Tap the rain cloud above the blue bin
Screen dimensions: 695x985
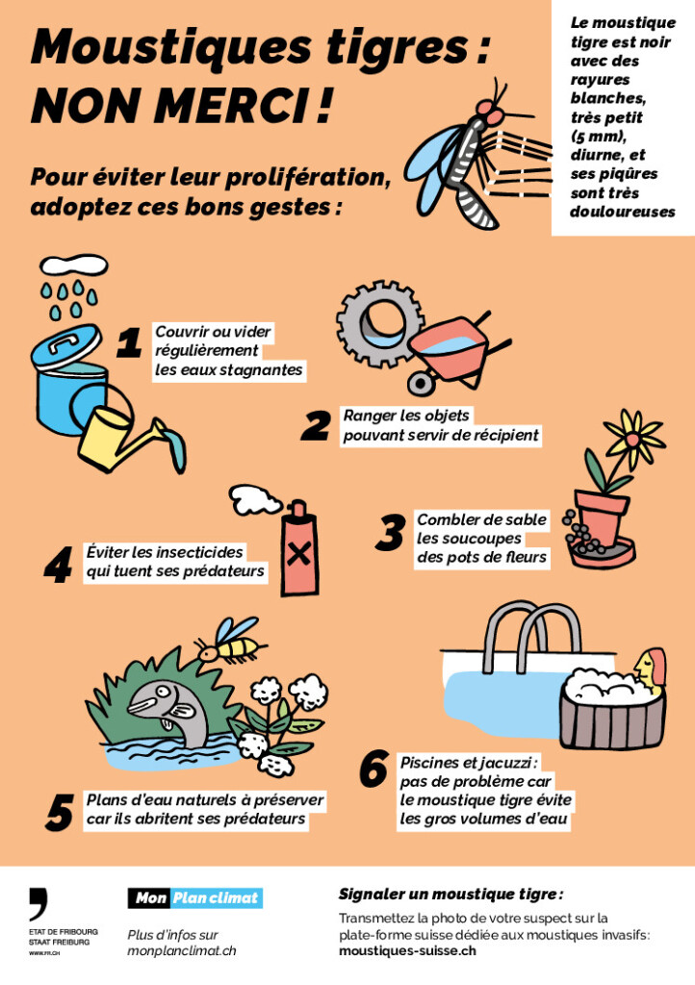coord(73,265)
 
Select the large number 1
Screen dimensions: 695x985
coord(129,343)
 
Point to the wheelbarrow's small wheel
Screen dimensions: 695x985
coord(419,383)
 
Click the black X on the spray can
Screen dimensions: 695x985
coord(299,555)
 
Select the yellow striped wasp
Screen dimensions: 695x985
coord(229,642)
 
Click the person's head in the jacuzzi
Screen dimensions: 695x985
coord(651,668)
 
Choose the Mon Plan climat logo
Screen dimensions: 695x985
coord(195,897)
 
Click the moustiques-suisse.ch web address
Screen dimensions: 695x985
coord(407,950)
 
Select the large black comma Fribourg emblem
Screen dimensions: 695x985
coord(39,903)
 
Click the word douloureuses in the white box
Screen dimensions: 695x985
coord(622,212)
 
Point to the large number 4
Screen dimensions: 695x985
coord(58,565)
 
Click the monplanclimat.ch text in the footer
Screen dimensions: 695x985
coord(182,951)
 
